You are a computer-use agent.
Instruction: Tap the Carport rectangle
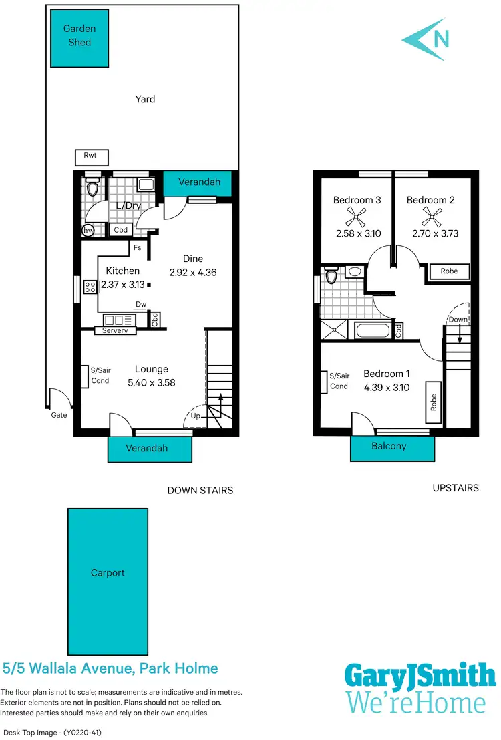pos(108,573)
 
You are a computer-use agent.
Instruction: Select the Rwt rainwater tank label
pos(90,156)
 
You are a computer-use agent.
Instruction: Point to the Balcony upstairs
pos(389,446)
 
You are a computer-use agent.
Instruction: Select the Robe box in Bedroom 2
pos(449,271)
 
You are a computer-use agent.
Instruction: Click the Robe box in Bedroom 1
pos(434,402)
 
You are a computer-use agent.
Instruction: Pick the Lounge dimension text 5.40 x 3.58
pos(151,383)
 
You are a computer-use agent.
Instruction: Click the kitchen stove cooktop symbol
pos(90,287)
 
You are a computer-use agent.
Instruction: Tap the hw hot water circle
pos(88,231)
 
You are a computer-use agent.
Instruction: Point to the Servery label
pos(115,330)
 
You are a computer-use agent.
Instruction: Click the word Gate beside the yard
pos(59,415)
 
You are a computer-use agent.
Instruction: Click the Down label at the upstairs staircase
pos(458,320)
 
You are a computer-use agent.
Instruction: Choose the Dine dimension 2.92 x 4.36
pos(194,273)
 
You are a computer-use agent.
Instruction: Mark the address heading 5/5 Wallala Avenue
pos(110,668)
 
